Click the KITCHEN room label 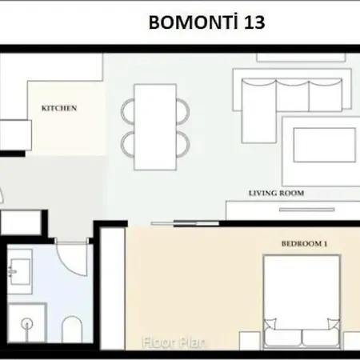pyautogui.click(x=59, y=108)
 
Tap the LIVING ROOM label pyautogui.click(x=276, y=193)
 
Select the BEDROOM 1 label pyautogui.click(x=304, y=243)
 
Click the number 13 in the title pyautogui.click(x=254, y=22)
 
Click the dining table pyautogui.click(x=155, y=127)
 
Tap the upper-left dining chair pyautogui.click(x=128, y=111)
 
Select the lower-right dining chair pyautogui.click(x=183, y=144)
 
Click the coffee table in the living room pyautogui.click(x=325, y=145)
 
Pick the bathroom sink pyautogui.click(x=19, y=271)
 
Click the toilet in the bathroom pyautogui.click(x=72, y=330)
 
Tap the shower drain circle pyautogui.click(x=27, y=324)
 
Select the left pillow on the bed pyautogui.click(x=270, y=324)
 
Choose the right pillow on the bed pyautogui.click(x=334, y=324)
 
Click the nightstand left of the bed pyautogui.click(x=250, y=341)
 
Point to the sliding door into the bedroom pyautogui.click(x=185, y=223)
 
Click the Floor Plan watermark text pyautogui.click(x=174, y=342)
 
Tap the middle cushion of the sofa pyautogui.click(x=293, y=95)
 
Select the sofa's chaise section pyautogui.click(x=258, y=111)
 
